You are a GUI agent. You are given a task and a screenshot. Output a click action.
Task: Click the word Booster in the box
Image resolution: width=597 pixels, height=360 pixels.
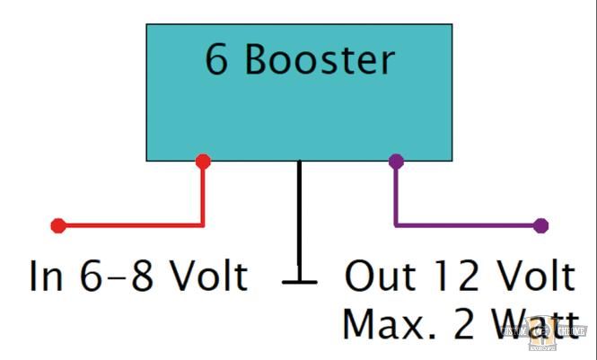[320, 60]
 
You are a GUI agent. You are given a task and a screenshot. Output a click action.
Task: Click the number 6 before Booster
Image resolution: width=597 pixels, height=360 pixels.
[217, 60]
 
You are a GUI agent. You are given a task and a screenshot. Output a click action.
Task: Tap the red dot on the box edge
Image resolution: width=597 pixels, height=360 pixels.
[203, 162]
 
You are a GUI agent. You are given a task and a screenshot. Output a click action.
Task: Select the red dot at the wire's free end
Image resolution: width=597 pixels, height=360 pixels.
[58, 225]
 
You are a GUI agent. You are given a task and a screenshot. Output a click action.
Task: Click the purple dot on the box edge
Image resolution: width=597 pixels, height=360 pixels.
[396, 162]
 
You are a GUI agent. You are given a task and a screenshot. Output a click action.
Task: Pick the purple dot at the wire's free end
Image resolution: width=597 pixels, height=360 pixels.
[540, 225]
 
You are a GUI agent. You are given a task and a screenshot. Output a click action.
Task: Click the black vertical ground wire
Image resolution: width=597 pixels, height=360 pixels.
[299, 215]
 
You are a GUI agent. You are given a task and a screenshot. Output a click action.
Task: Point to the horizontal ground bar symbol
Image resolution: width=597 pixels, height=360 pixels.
[299, 281]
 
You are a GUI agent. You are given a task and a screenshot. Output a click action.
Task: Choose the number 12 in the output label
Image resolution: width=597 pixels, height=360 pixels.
[452, 277]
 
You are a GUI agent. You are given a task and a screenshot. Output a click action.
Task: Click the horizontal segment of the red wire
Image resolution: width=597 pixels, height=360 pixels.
[131, 225]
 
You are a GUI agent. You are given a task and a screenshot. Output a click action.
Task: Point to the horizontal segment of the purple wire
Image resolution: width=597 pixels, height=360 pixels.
[467, 225]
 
